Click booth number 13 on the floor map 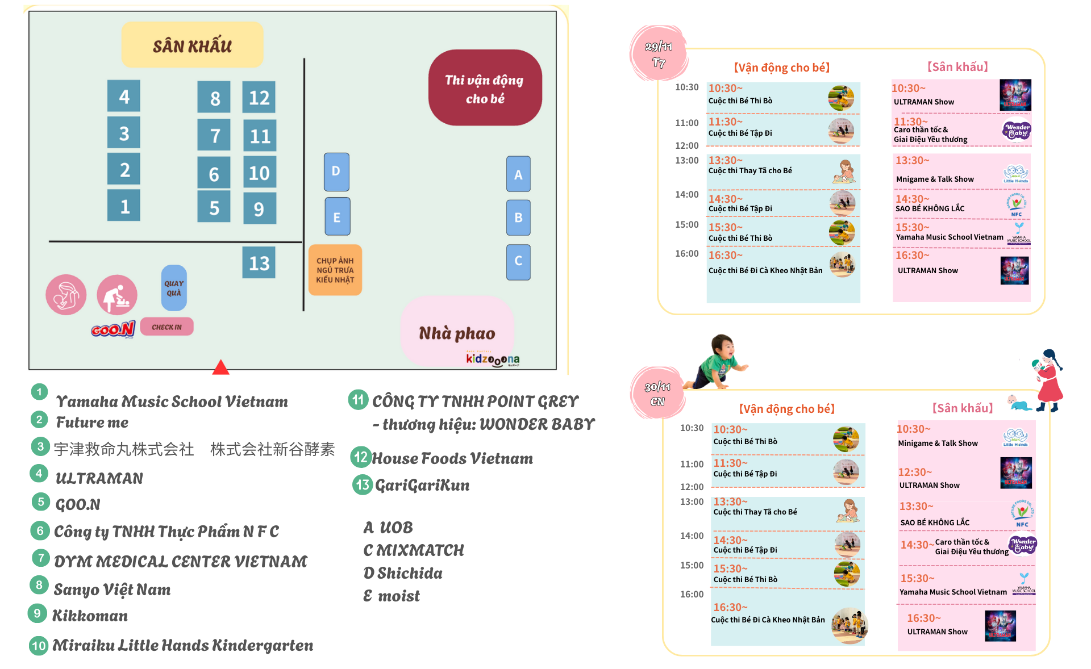pos(259,262)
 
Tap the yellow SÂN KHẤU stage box pos(192,45)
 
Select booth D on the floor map pos(336,172)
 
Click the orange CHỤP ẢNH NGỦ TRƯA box pos(335,270)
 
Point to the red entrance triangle pos(220,368)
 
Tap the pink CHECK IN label pos(166,327)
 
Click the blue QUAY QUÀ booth pos(174,288)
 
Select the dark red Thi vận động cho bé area pos(485,89)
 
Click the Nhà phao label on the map pos(457,333)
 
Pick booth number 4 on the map pos(124,97)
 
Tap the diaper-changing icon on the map pos(117,295)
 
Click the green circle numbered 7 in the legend pos(40,558)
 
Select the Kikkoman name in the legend pos(90,616)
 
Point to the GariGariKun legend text pos(422,485)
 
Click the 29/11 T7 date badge pos(659,54)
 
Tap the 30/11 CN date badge pos(657,394)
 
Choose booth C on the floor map pos(518,262)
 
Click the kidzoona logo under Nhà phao pos(492,359)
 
